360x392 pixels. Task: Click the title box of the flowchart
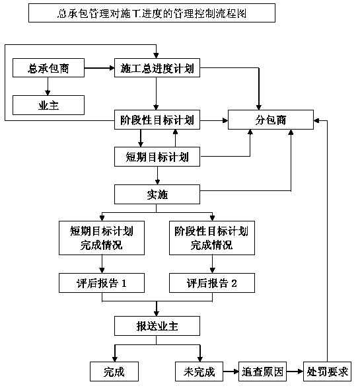pyautogui.click(x=152, y=13)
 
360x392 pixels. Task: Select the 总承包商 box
pyautogui.click(x=48, y=67)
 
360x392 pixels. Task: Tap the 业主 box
pyautogui.click(x=48, y=105)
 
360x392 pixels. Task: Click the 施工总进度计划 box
pyautogui.click(x=157, y=67)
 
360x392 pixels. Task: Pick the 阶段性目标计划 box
pyautogui.click(x=157, y=120)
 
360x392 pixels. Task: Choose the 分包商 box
pyautogui.click(x=271, y=120)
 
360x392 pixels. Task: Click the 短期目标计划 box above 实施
pyautogui.click(x=157, y=157)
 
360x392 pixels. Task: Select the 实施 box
pyautogui.click(x=157, y=194)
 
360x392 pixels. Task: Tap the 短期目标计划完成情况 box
pyautogui.click(x=102, y=238)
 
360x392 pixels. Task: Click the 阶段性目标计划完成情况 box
pyautogui.click(x=212, y=238)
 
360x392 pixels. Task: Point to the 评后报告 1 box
pyautogui.click(x=102, y=283)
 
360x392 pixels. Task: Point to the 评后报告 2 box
pyautogui.click(x=212, y=283)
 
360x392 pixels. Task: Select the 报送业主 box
pyautogui.click(x=157, y=326)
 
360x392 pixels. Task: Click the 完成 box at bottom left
pyautogui.click(x=114, y=372)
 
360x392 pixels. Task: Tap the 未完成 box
pyautogui.click(x=199, y=372)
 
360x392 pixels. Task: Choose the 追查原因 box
pyautogui.click(x=262, y=372)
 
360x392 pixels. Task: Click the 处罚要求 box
pyautogui.click(x=327, y=372)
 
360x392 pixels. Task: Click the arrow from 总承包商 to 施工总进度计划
pyautogui.click(x=100, y=67)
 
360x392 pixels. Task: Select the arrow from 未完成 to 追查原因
pyautogui.click(x=231, y=372)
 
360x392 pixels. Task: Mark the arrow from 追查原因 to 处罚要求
pyautogui.click(x=295, y=372)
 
